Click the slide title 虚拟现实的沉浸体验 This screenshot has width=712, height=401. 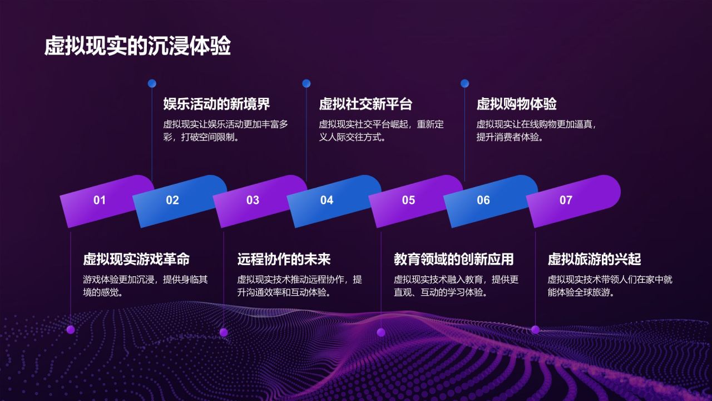(137, 47)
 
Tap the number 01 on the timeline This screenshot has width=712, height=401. (100, 200)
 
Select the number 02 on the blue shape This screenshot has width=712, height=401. (172, 200)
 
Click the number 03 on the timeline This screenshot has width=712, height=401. (253, 200)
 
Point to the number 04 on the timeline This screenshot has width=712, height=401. (327, 200)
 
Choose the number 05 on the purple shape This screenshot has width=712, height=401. (409, 200)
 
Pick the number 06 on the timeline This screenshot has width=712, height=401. (483, 200)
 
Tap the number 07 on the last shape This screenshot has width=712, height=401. (566, 200)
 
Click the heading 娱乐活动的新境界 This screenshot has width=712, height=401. (216, 104)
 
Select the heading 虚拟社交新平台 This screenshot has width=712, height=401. (365, 104)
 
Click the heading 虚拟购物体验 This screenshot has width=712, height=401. (516, 104)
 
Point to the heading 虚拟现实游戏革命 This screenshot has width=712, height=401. (136, 259)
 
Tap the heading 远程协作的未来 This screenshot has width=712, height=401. (284, 259)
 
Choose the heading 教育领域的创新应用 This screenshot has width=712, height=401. (453, 259)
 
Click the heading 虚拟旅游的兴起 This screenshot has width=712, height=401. (594, 259)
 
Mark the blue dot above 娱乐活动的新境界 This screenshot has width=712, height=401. (152, 84)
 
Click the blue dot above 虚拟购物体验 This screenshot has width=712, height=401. (464, 84)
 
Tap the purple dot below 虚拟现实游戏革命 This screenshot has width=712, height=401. (71, 330)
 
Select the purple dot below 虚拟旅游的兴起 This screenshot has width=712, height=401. (535, 330)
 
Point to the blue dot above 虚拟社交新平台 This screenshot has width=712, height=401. (306, 84)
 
